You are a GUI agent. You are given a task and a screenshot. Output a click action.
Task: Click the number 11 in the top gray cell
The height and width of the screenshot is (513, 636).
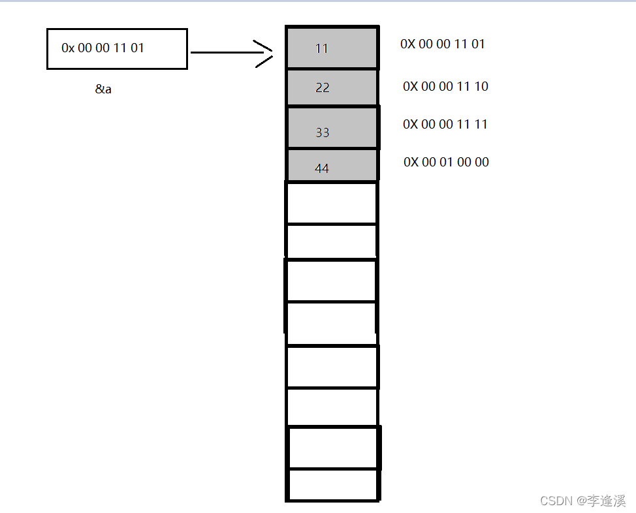click(322, 49)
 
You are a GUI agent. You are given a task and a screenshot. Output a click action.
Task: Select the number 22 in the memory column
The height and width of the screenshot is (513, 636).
click(323, 87)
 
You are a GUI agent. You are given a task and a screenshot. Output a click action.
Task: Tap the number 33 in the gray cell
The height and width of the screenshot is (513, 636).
click(323, 132)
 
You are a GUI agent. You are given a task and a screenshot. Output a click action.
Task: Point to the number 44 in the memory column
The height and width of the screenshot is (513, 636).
click(322, 168)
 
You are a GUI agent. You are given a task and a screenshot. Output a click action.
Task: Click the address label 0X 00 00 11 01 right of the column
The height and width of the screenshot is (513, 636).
click(443, 44)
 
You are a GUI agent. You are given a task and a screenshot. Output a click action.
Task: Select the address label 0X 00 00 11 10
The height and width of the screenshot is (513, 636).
click(445, 86)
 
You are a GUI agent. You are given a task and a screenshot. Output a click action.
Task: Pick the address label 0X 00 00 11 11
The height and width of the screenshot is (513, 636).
click(445, 124)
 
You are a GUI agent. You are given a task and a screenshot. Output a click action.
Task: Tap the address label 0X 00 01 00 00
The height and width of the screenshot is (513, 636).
click(446, 163)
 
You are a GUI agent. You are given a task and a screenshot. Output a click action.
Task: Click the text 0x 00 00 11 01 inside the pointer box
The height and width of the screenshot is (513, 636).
click(103, 48)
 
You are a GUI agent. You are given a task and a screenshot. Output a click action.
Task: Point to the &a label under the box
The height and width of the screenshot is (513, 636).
click(103, 89)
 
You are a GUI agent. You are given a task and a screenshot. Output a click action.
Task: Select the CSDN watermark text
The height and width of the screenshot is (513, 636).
click(583, 501)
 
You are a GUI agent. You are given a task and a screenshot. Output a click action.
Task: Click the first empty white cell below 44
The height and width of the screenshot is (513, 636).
click(332, 203)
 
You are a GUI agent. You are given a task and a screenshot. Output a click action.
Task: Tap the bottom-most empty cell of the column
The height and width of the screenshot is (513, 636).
click(333, 485)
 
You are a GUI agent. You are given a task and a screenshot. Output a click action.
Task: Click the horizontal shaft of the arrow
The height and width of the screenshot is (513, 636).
click(231, 52)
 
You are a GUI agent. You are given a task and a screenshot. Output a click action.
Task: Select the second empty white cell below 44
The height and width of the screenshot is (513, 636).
click(332, 241)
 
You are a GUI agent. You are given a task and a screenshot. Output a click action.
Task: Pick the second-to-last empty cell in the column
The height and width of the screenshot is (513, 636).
click(334, 448)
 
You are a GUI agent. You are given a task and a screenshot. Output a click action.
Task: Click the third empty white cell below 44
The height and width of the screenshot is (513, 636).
click(331, 281)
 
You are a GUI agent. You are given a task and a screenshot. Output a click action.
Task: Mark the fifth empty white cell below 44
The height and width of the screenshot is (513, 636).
click(332, 367)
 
